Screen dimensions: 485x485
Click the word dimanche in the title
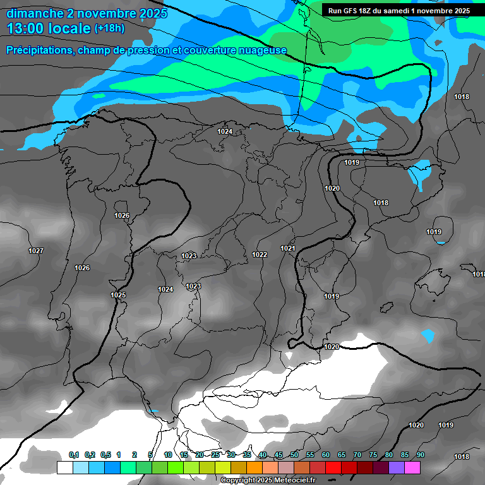coord(35,13)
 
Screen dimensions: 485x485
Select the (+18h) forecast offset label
coord(109,28)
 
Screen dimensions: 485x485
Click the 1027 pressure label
coord(36,251)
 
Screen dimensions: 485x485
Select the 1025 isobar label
coord(118,295)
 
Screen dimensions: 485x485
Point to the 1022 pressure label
coord(260,254)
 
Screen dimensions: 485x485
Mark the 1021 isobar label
coord(288,248)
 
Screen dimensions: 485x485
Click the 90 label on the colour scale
coord(421,455)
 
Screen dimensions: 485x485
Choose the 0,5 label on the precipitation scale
coord(105,455)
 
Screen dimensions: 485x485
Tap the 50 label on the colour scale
coord(294,455)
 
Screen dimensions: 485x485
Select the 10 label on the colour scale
coord(168,455)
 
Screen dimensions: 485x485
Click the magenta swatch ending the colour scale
coord(412,467)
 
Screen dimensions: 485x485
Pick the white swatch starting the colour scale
coord(64,467)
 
